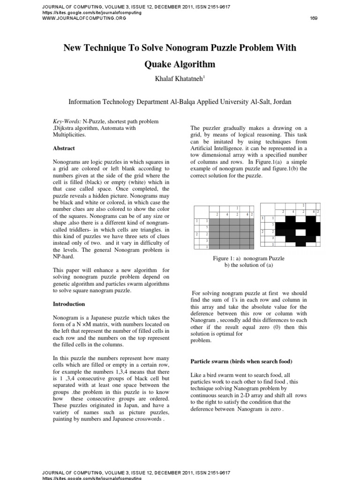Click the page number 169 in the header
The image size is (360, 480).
pyautogui.click(x=315, y=18)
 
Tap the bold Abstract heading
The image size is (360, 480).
pyautogui.click(x=64, y=148)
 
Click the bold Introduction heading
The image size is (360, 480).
pyautogui.click(x=68, y=304)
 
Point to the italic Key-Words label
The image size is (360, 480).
pyautogui.click(x=67, y=121)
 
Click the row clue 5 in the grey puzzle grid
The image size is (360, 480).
pyautogui.click(x=207, y=227)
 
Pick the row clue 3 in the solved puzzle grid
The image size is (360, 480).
pyautogui.click(x=273, y=238)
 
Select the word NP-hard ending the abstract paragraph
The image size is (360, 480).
pyautogui.click(x=64, y=256)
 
